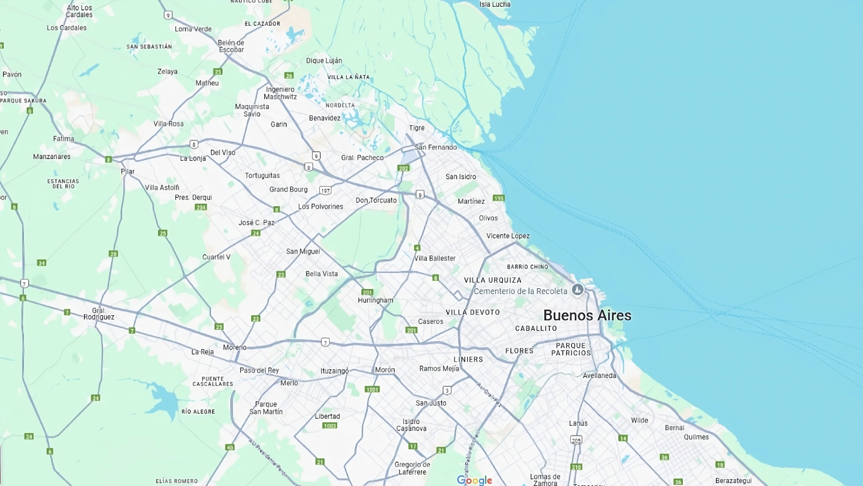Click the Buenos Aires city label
587,315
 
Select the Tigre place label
416,128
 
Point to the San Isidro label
461,176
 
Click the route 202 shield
403,168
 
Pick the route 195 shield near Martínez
498,198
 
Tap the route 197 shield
325,191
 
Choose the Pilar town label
128,171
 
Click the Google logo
474,480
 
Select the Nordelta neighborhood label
340,105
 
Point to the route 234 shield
201,207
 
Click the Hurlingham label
375,300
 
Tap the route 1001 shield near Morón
372,389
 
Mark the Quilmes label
696,437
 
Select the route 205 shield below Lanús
576,440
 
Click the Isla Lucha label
495,4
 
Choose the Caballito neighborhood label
536,328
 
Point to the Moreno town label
234,347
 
